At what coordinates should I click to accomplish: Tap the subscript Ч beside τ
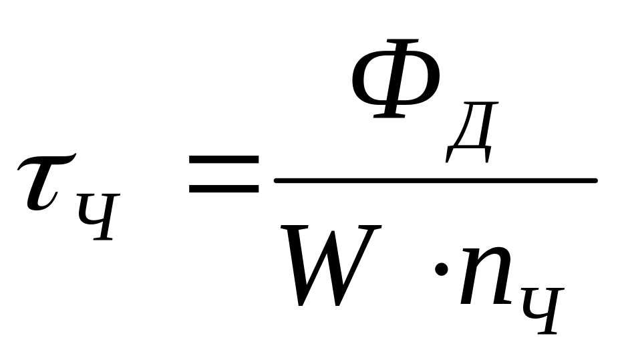[x=98, y=215]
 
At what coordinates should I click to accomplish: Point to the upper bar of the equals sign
[x=223, y=159]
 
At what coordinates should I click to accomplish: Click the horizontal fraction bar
[x=434, y=180]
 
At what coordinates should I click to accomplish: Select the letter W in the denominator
[x=331, y=264]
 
